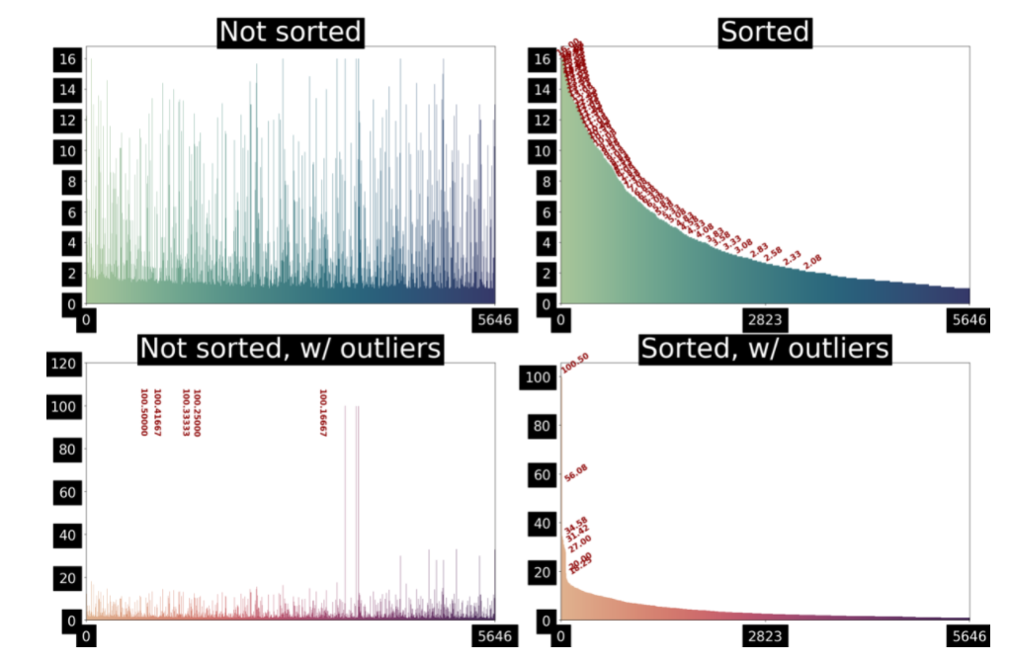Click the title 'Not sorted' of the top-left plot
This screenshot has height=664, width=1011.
(291, 32)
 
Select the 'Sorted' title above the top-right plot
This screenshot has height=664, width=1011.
(765, 32)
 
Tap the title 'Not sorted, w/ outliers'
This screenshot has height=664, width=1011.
(291, 348)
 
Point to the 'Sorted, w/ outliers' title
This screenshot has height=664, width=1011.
(765, 348)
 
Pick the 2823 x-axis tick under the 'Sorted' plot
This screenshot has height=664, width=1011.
(765, 319)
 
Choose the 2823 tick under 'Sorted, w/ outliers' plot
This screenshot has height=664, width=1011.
(765, 635)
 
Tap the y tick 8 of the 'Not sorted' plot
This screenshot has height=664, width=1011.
(70, 182)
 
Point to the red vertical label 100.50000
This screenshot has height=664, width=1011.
(144, 412)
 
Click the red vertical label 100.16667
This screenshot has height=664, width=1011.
(322, 412)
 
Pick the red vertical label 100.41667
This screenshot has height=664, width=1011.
(157, 412)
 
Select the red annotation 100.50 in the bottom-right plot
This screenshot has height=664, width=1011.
(574, 365)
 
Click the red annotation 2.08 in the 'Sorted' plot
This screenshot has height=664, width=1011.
(811, 261)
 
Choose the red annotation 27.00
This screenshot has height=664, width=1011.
(578, 541)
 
